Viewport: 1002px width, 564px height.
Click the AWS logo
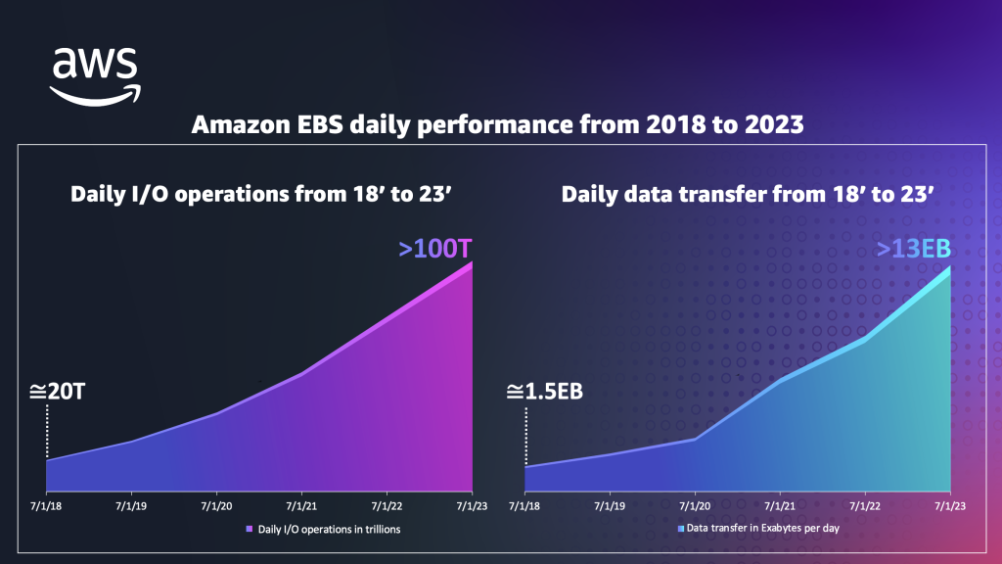tap(96, 75)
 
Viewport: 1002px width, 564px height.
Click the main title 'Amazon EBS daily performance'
tap(500, 126)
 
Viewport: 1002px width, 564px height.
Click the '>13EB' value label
tap(913, 250)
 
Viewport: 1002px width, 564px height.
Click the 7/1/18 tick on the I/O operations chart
tap(46, 506)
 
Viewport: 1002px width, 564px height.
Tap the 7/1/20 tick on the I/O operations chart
tap(216, 506)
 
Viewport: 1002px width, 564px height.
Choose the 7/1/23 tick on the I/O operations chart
tap(473, 506)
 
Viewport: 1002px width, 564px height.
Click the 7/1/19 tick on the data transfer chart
tap(610, 506)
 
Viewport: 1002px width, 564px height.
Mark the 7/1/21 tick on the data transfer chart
tap(780, 506)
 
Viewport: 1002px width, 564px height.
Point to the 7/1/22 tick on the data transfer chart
tap(865, 506)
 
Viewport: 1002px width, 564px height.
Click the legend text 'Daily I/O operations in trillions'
tap(329, 529)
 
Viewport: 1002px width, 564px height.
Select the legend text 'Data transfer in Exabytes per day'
tap(763, 528)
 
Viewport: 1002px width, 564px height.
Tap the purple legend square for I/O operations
tap(249, 529)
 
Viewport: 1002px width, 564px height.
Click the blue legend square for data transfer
tap(681, 528)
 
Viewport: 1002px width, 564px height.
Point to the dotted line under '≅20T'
tap(46, 431)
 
